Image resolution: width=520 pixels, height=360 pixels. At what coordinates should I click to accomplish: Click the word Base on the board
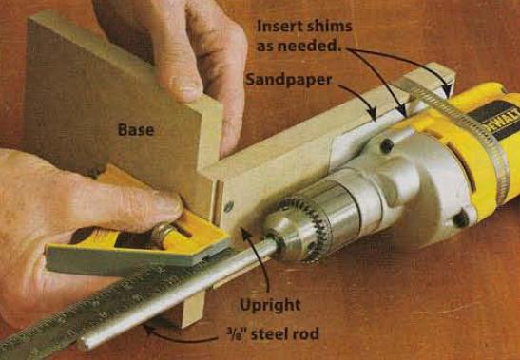(x=136, y=129)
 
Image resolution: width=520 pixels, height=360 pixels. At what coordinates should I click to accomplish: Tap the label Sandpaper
(x=289, y=80)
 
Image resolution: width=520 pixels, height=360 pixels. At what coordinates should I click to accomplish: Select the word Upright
(x=270, y=305)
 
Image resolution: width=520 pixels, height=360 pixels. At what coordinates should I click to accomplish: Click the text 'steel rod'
(x=285, y=333)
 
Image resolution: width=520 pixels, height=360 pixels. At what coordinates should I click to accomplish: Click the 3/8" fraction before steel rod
(x=238, y=333)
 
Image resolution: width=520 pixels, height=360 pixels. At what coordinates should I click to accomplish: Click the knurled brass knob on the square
(x=162, y=235)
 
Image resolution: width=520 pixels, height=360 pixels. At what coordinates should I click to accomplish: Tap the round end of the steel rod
(x=84, y=344)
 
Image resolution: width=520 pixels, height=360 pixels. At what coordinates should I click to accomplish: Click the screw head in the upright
(x=228, y=207)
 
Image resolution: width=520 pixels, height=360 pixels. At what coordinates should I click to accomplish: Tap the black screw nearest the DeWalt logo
(x=387, y=146)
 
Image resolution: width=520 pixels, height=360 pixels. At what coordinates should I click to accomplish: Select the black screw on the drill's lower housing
(x=461, y=219)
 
